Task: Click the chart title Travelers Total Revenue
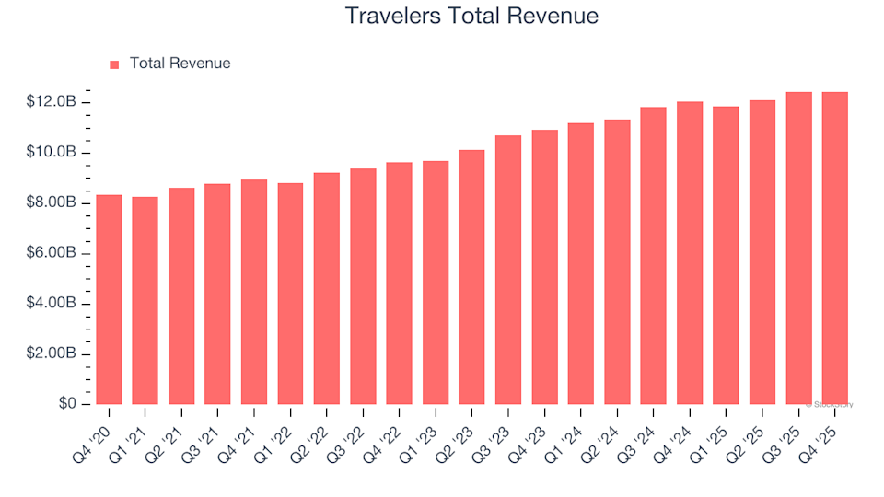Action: (471, 17)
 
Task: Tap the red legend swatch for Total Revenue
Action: (114, 64)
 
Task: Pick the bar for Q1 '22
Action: (290, 294)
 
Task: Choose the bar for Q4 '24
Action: (690, 253)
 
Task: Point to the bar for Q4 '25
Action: (835, 248)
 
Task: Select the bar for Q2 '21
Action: (181, 296)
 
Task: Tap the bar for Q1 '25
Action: (726, 256)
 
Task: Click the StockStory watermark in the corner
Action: (831, 404)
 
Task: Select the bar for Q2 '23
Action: (471, 277)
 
